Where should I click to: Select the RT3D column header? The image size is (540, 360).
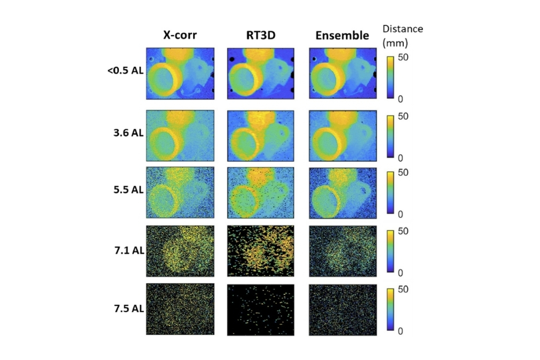click(260, 36)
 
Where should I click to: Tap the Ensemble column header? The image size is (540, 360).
click(342, 36)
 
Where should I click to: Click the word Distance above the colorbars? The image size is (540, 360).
click(402, 29)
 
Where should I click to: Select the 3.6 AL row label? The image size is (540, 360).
click(128, 132)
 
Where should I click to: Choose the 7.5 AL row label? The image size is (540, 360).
click(128, 309)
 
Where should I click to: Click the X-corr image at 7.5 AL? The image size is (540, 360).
click(180, 309)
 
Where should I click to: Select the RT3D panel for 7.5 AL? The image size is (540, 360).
click(260, 309)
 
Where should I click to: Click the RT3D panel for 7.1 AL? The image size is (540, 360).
click(260, 250)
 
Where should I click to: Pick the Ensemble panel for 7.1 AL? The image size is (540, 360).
click(342, 250)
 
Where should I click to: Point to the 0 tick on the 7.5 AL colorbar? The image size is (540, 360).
click(400, 331)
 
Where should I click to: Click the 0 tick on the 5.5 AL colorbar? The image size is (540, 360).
click(400, 214)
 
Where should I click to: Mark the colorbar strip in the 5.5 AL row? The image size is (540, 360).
click(389, 193)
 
